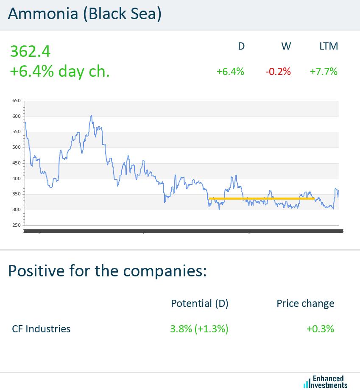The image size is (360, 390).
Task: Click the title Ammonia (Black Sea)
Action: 85,14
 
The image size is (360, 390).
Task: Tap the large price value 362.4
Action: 30,51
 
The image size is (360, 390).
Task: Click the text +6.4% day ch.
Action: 59,71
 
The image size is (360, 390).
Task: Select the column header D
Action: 241,46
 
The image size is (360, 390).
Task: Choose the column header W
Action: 286,46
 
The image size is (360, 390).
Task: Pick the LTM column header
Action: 329,46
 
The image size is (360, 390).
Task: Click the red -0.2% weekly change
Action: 278,72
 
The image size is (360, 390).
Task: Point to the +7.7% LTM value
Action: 324,72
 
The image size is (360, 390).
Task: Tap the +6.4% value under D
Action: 230,72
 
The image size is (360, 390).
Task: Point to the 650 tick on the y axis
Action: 17,101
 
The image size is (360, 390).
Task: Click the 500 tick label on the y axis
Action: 17,148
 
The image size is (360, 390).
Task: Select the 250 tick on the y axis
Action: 17,225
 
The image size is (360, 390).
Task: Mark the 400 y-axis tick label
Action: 17,178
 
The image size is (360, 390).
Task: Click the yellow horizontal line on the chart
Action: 262,198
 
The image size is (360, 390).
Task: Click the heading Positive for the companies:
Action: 107,270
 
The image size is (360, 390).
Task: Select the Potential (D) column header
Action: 199,304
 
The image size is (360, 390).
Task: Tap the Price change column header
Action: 305,304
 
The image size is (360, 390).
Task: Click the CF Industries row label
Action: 41,329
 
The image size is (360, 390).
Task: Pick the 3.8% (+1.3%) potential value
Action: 199,329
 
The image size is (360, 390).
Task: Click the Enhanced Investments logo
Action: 326,382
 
